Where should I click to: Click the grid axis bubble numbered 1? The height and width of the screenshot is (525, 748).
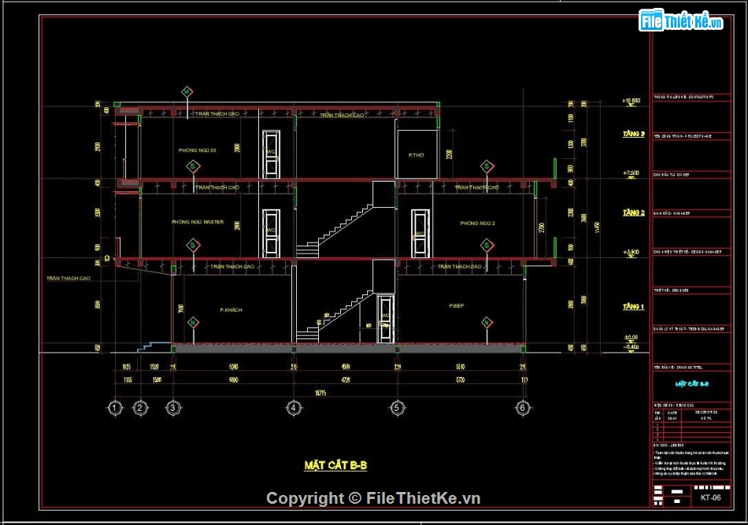115,408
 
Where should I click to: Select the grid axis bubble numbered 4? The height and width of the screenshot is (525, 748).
293,408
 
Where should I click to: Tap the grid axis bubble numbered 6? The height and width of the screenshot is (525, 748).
522,408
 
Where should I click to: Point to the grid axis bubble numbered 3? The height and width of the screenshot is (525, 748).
172,408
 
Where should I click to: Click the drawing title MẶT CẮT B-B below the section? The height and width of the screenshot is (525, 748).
335,465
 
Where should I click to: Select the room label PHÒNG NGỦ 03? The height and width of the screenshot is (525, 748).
197,150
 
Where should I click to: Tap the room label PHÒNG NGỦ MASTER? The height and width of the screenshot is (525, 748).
198,222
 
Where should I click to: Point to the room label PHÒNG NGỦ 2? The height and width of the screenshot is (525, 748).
477,224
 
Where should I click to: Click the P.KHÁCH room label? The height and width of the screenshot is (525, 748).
231,310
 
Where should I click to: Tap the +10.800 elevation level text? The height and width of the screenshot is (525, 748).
631,101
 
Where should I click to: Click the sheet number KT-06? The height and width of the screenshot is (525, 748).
710,497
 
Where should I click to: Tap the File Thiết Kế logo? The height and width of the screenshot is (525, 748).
681,21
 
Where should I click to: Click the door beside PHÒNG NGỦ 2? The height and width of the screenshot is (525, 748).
420,234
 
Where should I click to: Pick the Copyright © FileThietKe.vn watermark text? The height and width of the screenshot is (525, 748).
373,498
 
